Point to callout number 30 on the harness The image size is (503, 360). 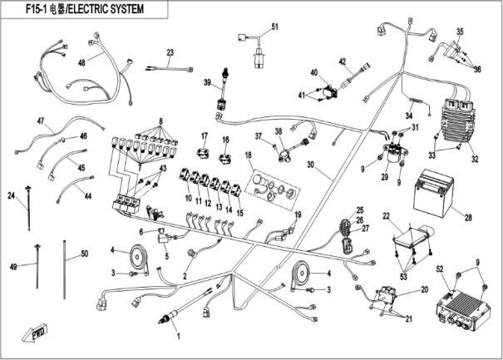pos(312,165)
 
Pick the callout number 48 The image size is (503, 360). pos(82,63)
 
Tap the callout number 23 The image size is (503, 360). pos(170,52)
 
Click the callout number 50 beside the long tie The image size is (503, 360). pos(84,253)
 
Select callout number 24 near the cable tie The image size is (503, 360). pos(12,196)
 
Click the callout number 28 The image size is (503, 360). pos(468,218)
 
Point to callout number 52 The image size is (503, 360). pos(441,269)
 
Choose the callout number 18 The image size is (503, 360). pos(248,155)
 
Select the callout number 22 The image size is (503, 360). pos(386,215)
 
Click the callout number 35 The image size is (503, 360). pos(459,32)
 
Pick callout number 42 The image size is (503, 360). pos(342,62)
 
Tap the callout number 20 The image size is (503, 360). pos(424,289)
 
